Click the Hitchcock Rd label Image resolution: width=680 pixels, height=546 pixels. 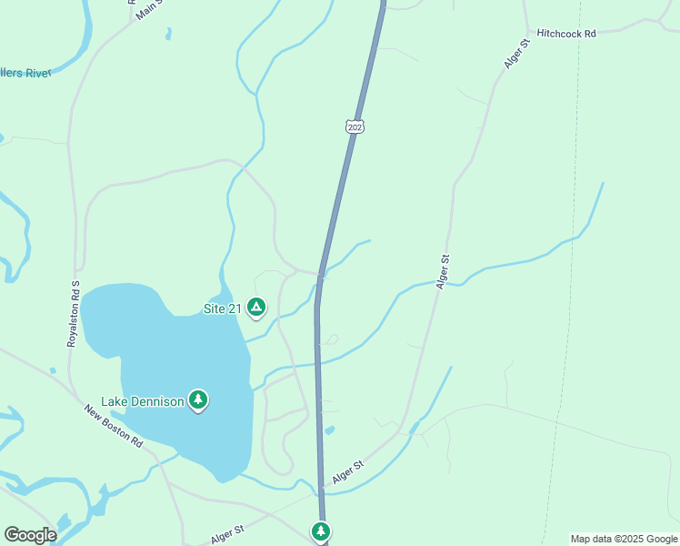tap(565, 33)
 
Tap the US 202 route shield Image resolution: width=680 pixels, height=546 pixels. tap(355, 126)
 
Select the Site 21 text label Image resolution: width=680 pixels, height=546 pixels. tap(222, 308)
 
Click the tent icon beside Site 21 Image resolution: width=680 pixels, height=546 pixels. tap(256, 308)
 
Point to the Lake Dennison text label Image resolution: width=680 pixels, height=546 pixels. tap(141, 400)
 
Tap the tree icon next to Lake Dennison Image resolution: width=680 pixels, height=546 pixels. tap(198, 399)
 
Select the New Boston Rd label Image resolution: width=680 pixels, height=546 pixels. tap(114, 426)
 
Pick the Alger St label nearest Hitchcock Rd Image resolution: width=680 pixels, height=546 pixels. tap(516, 54)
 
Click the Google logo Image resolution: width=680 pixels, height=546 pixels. tap(30, 535)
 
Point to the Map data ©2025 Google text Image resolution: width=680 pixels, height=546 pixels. tap(624, 539)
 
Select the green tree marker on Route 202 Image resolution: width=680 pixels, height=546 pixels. tap(320, 531)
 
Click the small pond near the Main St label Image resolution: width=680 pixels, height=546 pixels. tap(168, 35)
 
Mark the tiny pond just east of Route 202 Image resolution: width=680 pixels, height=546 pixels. tap(329, 430)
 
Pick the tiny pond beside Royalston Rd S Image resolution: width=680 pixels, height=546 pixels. tap(54, 370)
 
